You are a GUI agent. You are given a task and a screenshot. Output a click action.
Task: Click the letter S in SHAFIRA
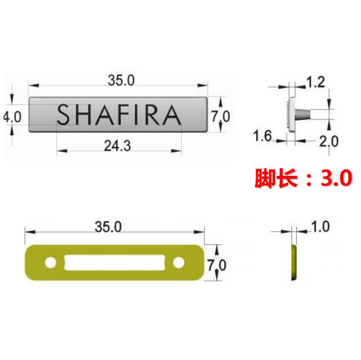tap(63, 115)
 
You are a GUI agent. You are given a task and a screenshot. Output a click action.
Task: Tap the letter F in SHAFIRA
tap(124, 115)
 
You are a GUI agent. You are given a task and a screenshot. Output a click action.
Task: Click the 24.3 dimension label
tap(117, 146)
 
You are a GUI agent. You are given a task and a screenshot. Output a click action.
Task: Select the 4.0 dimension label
tap(12, 117)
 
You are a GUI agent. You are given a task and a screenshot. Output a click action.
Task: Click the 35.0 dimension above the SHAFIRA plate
tap(121, 81)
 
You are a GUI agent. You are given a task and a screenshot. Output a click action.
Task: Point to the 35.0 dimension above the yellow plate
tap(108, 227)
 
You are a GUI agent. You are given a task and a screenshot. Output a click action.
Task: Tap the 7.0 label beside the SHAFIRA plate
tap(221, 116)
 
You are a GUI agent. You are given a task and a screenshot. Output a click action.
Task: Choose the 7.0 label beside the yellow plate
tap(217, 265)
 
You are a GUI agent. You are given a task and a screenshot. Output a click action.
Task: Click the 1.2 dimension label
tap(316, 82)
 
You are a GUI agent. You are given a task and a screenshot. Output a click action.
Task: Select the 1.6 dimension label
tap(263, 136)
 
